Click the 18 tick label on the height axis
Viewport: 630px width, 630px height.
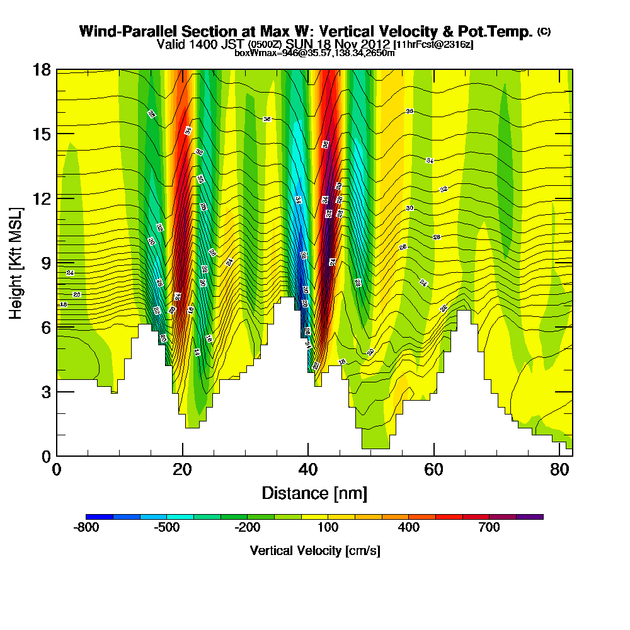tap(42, 69)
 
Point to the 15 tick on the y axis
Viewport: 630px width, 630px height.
tap(42, 134)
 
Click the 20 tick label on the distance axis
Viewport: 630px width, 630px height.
tap(182, 470)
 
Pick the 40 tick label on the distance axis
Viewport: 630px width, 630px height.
tap(308, 470)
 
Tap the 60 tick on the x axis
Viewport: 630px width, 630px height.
tap(434, 470)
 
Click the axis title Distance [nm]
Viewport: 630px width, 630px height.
tap(314, 492)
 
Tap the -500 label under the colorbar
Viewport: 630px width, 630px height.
tap(167, 527)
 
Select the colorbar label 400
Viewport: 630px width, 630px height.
tap(409, 527)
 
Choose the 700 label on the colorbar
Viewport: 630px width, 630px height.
tap(490, 527)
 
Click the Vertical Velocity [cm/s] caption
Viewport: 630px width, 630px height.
tap(314, 551)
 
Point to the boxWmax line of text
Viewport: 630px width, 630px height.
tap(314, 53)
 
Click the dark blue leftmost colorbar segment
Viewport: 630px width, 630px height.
tap(100, 517)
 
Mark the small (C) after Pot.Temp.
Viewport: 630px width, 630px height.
tap(544, 31)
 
